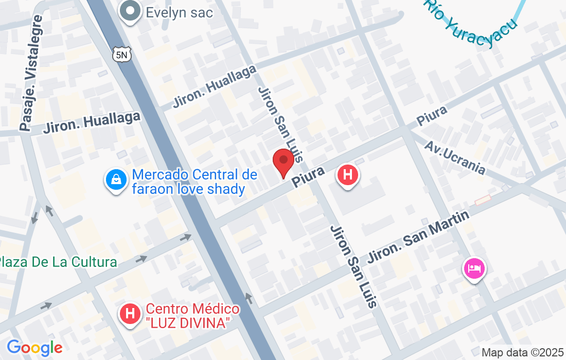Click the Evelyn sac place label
tap(179, 12)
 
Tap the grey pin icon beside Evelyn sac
tap(131, 11)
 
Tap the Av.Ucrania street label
tap(454, 157)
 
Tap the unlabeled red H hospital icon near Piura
tap(348, 175)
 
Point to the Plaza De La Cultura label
tap(58, 262)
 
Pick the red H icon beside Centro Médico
tap(131, 313)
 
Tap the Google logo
tap(34, 348)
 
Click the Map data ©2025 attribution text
tap(522, 353)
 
